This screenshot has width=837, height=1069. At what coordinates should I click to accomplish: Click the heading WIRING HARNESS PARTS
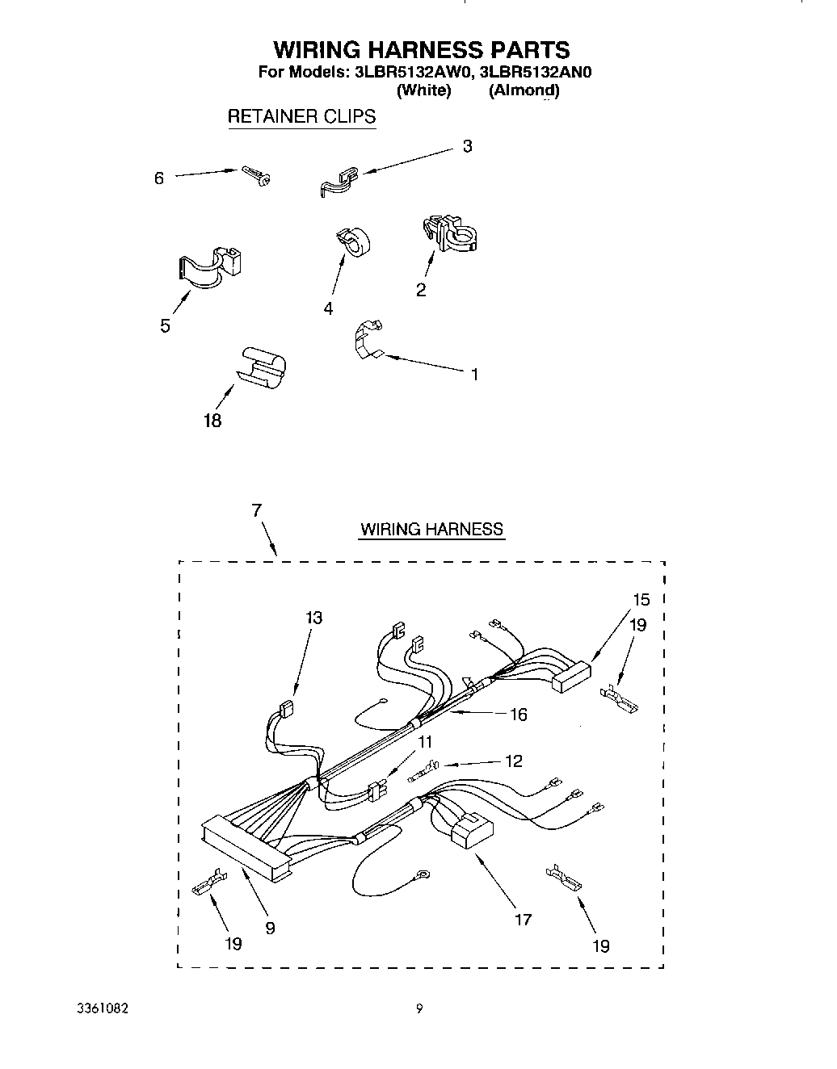point(421,50)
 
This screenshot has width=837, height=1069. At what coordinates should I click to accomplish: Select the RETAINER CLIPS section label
point(301,116)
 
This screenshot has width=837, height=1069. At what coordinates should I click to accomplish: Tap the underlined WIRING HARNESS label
point(431,530)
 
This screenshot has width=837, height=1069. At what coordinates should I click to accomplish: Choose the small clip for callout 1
point(368,337)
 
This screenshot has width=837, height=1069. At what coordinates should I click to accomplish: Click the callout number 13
point(314,618)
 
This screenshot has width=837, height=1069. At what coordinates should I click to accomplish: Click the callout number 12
point(512,761)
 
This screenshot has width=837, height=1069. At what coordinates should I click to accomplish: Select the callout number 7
point(256,510)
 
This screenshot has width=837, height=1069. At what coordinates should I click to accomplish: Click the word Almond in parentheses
point(524,90)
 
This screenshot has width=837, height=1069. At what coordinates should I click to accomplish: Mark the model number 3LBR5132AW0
point(410,72)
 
